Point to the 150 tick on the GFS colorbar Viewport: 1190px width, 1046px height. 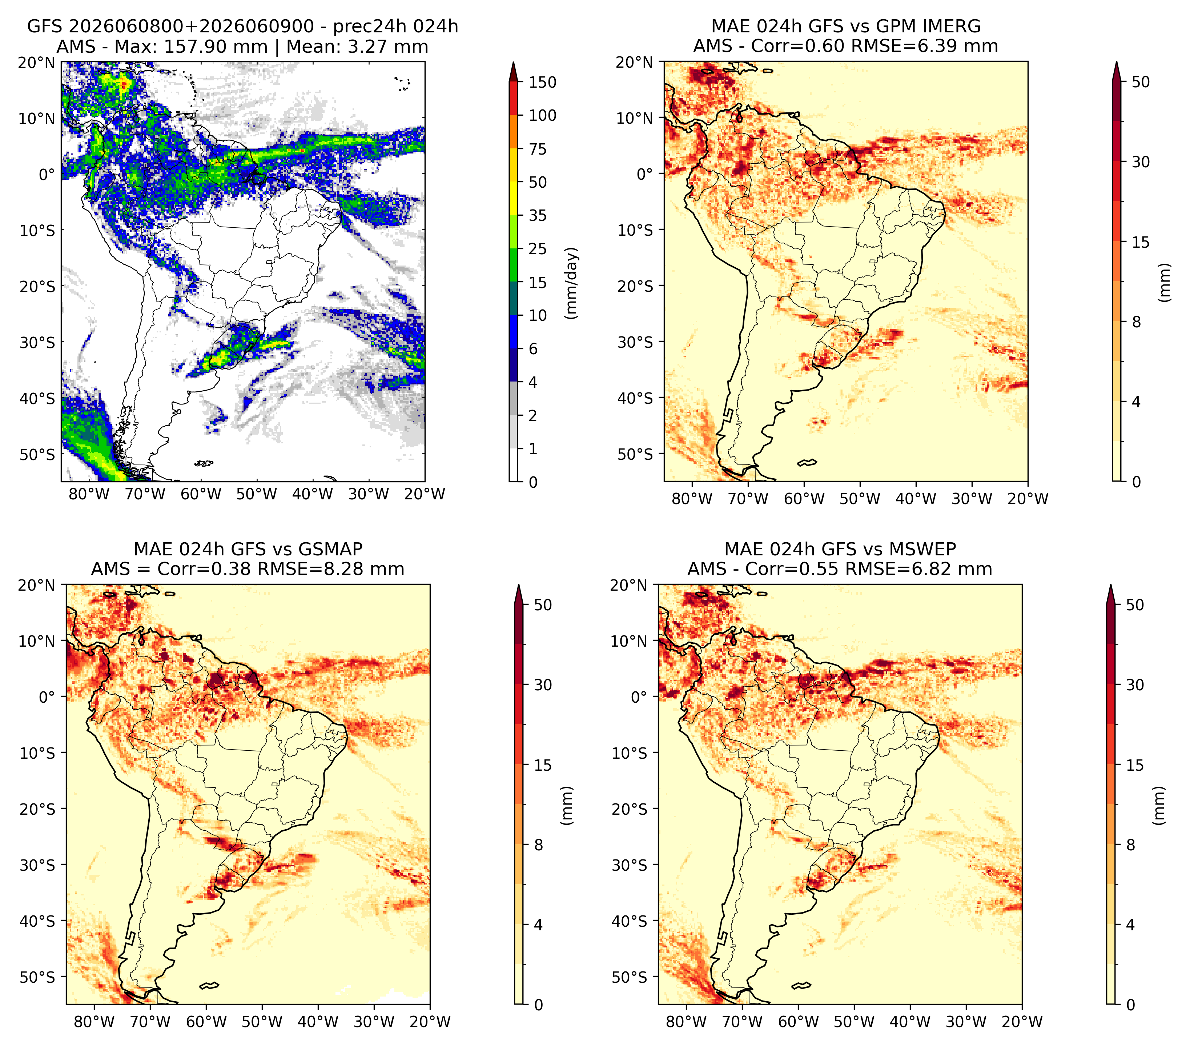pos(543,82)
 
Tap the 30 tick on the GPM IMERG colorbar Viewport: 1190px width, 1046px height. pos(1141,162)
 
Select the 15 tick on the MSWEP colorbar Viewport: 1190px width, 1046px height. pos(1135,765)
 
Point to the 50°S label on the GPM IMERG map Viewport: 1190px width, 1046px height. pos(635,454)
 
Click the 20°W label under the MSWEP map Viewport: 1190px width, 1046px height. pos(1022,1022)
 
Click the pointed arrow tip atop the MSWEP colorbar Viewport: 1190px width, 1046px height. pos(1111,586)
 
